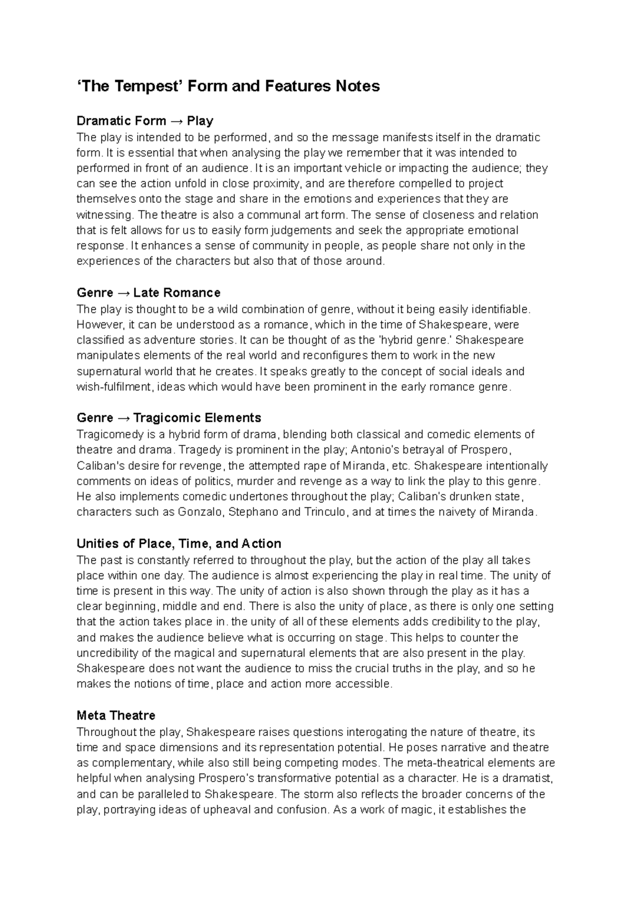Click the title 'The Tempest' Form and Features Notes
(228, 86)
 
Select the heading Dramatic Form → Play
(144, 121)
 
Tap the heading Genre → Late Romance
(148, 293)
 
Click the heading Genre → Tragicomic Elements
(169, 418)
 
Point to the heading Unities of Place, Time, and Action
(179, 544)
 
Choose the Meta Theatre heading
(116, 716)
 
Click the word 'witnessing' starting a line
(103, 215)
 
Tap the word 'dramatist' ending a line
(529, 778)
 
